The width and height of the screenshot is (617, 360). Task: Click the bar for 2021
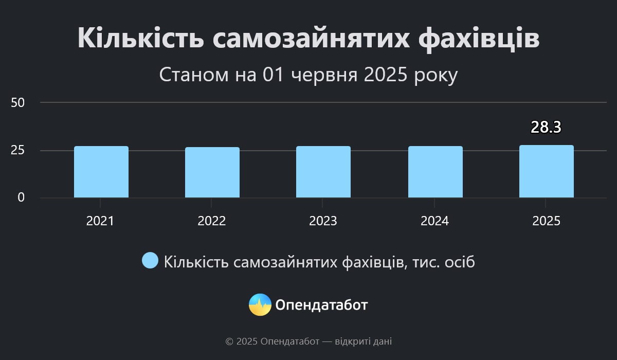click(x=101, y=172)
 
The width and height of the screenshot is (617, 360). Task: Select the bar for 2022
click(x=212, y=172)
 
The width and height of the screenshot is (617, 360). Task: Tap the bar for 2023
click(x=323, y=172)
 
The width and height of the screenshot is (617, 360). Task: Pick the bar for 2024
click(x=435, y=172)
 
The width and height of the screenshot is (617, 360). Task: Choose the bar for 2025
click(x=547, y=171)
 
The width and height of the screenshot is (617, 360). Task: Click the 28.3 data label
click(x=546, y=127)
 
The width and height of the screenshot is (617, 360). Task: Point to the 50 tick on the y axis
click(x=17, y=103)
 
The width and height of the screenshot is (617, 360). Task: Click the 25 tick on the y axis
click(x=17, y=150)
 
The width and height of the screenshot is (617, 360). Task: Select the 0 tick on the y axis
click(x=21, y=197)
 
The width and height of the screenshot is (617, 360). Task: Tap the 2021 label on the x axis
click(x=100, y=221)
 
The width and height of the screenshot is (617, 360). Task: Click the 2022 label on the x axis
click(x=211, y=221)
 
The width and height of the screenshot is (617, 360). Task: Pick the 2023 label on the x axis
click(x=323, y=221)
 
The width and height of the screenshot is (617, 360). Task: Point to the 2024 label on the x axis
click(x=434, y=221)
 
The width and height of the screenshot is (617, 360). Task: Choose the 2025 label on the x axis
click(x=546, y=221)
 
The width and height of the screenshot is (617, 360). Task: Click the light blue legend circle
click(x=150, y=260)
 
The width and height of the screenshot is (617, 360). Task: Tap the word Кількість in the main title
click(x=141, y=38)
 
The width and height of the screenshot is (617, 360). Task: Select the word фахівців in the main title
click(x=479, y=39)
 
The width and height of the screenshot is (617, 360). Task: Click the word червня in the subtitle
click(x=324, y=75)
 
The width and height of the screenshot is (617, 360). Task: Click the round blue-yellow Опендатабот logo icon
click(x=260, y=304)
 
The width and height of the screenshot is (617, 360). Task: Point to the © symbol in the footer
click(x=229, y=342)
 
